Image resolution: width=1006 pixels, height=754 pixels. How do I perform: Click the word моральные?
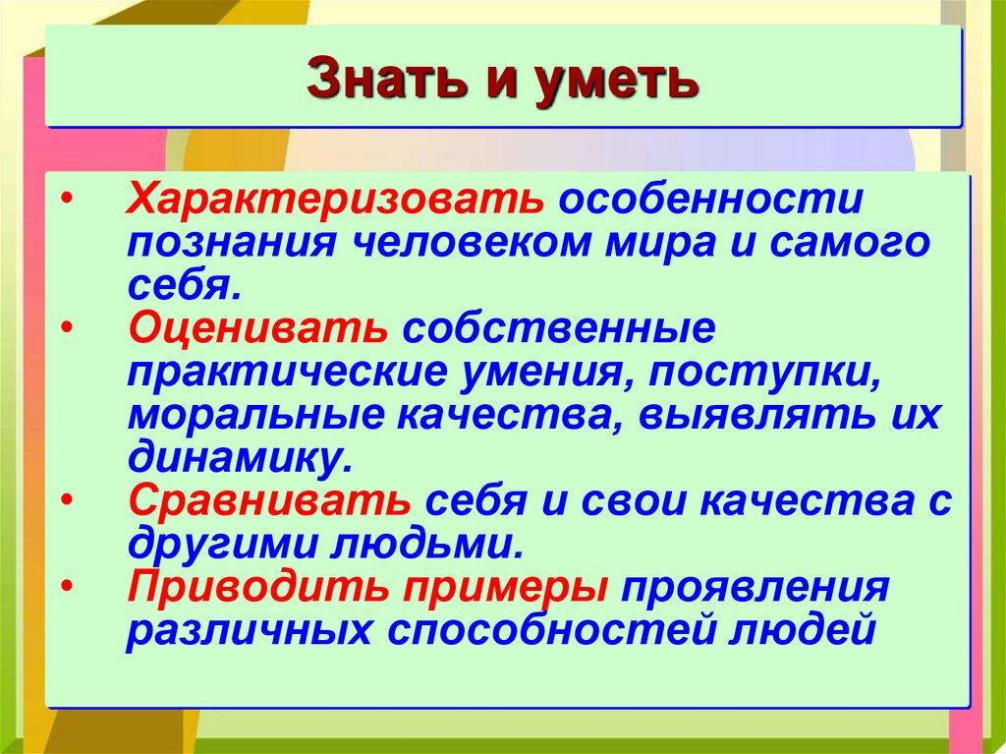252,415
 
